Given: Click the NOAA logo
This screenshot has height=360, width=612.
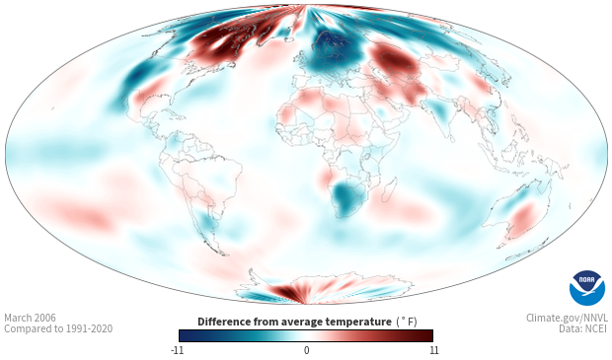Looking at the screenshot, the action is click(x=587, y=288).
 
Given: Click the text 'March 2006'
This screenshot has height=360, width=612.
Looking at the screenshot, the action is click(x=30, y=318).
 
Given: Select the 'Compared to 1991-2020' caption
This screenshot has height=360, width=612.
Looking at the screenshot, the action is click(x=58, y=328).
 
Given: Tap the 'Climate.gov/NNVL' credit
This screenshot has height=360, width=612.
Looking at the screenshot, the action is click(x=567, y=318).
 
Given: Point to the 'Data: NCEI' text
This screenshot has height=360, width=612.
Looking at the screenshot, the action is click(x=583, y=328).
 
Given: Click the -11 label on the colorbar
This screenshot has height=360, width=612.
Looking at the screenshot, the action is click(x=177, y=350).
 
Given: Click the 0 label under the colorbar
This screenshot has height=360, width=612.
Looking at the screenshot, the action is click(x=306, y=350).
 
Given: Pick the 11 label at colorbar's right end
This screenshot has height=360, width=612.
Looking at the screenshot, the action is click(x=433, y=350).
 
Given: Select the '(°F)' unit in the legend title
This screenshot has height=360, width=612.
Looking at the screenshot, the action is click(x=407, y=322).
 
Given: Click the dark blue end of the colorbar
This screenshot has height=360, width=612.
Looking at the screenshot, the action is click(x=186, y=335).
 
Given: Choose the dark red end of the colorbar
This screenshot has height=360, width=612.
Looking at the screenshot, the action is click(x=426, y=335).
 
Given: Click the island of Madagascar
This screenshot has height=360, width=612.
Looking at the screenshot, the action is click(x=389, y=190).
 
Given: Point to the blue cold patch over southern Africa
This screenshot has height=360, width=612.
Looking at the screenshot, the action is click(x=347, y=198).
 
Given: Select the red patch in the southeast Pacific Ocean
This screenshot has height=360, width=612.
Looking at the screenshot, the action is click(x=82, y=215).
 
